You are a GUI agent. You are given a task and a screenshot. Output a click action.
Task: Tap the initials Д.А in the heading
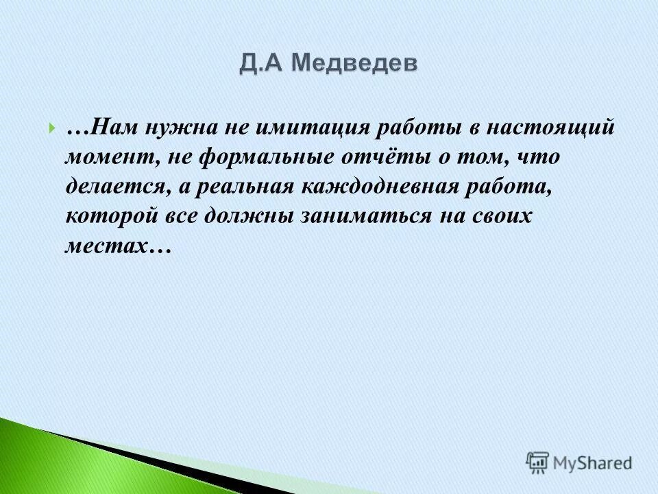click(x=263, y=64)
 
